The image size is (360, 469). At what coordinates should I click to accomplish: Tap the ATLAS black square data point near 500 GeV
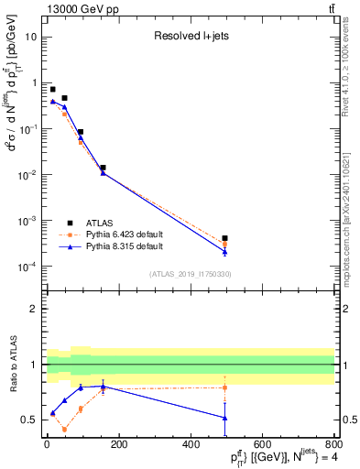coord(224,238)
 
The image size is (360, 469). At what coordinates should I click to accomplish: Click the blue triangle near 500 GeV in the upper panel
coord(224,251)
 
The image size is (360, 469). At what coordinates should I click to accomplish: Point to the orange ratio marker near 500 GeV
coord(224,387)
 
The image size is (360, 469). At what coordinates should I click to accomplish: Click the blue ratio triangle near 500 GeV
coord(224,418)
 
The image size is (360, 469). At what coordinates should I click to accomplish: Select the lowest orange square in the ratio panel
coord(64,429)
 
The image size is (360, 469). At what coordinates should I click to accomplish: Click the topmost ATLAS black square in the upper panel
coord(52,90)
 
